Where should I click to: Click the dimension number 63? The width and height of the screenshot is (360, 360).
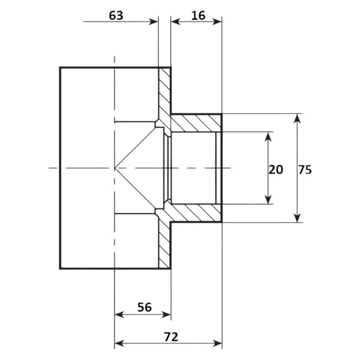[116, 16]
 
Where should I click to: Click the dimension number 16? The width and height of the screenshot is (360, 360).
[198, 16]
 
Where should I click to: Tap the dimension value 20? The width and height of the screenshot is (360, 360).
[276, 170]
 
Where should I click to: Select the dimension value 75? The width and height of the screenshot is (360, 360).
[305, 170]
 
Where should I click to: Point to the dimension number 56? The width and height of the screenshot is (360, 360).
[145, 307]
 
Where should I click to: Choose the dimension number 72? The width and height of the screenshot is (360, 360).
[171, 337]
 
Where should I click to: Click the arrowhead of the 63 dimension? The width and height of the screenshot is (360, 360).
[154, 22]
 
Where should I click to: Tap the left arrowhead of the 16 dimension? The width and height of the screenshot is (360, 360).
[176, 22]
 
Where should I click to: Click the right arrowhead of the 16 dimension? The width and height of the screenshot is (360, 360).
[217, 22]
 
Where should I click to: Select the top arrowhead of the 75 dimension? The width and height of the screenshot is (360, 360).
[298, 118]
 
